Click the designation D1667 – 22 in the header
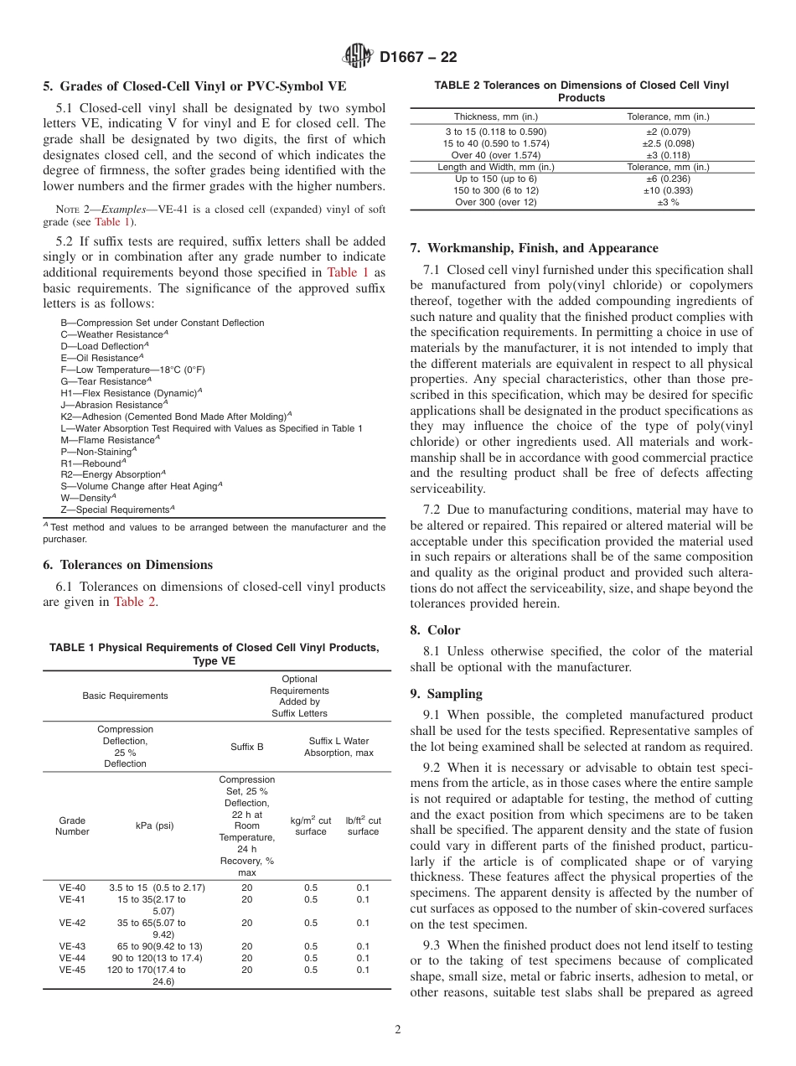point(418,58)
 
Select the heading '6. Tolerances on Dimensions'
point(127,565)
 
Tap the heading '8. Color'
point(435,630)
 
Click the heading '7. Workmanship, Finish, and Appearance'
point(534,248)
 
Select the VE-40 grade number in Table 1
point(72,887)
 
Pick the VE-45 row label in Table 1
point(72,970)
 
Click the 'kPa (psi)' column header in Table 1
point(155,825)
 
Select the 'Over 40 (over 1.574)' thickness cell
point(495,155)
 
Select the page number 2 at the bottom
point(398,1030)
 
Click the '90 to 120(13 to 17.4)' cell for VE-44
point(158,958)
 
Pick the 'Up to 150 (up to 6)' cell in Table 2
point(495,179)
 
